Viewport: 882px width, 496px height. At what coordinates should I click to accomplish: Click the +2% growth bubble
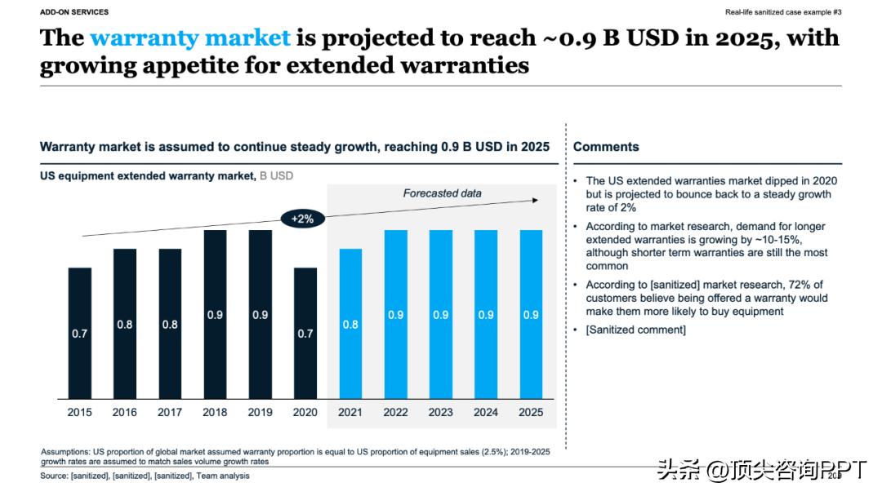click(302, 219)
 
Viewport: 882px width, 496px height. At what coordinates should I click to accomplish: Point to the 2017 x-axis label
click(170, 412)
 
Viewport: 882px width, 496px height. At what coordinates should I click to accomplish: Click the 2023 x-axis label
click(440, 412)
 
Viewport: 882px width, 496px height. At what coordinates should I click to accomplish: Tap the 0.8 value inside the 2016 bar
click(125, 324)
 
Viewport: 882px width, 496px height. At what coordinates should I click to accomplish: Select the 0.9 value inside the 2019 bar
click(260, 315)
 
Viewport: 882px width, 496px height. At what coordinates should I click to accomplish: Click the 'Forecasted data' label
click(442, 193)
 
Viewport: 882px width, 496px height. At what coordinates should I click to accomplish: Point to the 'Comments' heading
click(606, 147)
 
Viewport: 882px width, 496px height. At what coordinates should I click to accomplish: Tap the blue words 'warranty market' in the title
click(189, 38)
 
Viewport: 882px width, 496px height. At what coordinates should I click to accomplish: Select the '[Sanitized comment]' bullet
click(636, 330)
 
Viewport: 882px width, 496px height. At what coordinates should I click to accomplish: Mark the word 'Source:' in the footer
click(54, 476)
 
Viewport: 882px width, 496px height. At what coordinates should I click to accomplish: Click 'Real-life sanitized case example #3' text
click(783, 12)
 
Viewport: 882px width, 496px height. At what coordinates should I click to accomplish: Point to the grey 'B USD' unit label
click(276, 175)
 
